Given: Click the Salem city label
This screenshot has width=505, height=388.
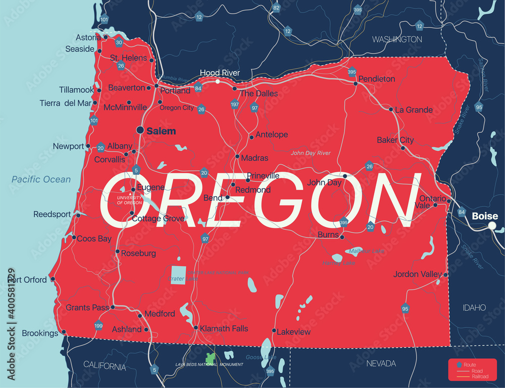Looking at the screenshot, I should [x=161, y=131].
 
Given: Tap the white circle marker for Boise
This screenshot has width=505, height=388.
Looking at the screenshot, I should [x=492, y=226].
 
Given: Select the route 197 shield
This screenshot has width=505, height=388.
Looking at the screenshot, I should [x=235, y=104].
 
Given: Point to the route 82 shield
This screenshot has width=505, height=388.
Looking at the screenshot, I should [x=276, y=8].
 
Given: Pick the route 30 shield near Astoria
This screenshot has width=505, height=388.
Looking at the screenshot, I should [x=119, y=42].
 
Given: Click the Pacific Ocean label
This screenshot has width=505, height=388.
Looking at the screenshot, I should [x=41, y=179].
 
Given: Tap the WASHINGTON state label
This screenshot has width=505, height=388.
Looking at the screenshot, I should [x=397, y=39].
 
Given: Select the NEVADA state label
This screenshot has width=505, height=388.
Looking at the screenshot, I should [x=381, y=363].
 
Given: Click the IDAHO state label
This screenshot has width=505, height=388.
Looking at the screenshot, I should [x=474, y=307].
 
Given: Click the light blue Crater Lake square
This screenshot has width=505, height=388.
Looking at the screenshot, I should [x=177, y=275].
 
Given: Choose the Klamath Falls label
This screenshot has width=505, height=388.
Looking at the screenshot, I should [x=224, y=328].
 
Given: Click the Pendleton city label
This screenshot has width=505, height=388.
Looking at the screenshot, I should [x=377, y=79].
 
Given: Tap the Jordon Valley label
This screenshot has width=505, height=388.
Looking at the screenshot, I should [x=418, y=274].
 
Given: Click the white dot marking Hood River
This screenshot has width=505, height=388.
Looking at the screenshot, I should [x=218, y=81].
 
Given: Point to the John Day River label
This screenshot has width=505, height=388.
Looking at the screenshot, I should [x=311, y=153].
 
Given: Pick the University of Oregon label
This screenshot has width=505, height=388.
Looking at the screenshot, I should [x=129, y=200].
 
